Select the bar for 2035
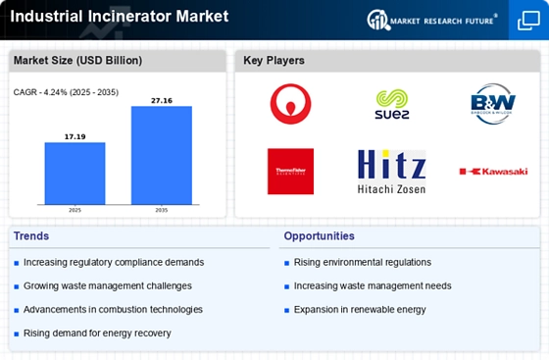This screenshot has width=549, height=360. [162, 154]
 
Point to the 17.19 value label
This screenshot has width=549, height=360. [75, 135]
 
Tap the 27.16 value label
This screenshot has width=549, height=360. [162, 99]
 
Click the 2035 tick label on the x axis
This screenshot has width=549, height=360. [162, 209]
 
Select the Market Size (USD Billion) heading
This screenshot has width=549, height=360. [77, 61]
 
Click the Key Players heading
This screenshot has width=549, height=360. [274, 61]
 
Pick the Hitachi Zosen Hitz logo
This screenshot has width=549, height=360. [392, 171]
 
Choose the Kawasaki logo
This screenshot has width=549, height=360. [493, 171]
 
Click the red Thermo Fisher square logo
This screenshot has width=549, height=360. [290, 171]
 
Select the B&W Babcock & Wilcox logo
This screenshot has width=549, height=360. [493, 102]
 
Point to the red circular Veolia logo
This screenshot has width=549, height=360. [290, 103]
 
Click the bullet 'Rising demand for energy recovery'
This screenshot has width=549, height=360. [97, 334]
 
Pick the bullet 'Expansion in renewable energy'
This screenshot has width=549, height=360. [361, 310]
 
